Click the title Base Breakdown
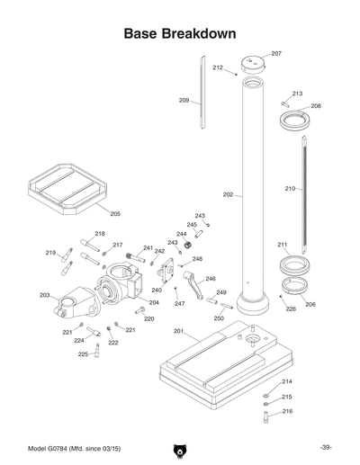pyautogui.click(x=180, y=33)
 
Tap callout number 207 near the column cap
pyautogui.click(x=276, y=54)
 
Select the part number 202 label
pyautogui.click(x=228, y=194)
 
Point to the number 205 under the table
pyautogui.click(x=115, y=214)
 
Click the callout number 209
pyautogui.click(x=184, y=100)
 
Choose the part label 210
pyautogui.click(x=290, y=189)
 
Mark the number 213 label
pyautogui.click(x=297, y=94)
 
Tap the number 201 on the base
pyautogui.click(x=179, y=331)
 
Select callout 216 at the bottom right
pyautogui.click(x=287, y=411)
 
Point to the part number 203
pyautogui.click(x=45, y=295)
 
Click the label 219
pyautogui.click(x=51, y=253)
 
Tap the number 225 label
pyautogui.click(x=83, y=354)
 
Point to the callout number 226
pyautogui.click(x=291, y=309)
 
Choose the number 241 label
pyautogui.click(x=148, y=247)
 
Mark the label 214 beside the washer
pyautogui.click(x=287, y=382)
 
